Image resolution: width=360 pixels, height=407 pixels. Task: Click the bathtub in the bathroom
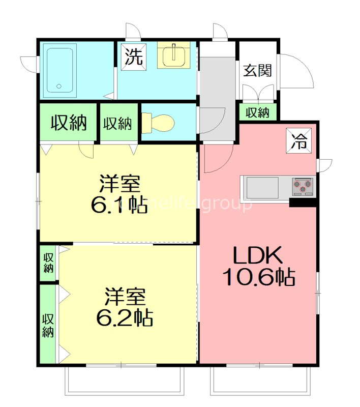click(61, 70)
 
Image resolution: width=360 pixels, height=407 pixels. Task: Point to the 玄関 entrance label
click(257, 71)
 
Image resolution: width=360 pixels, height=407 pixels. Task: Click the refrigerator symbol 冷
click(300, 140)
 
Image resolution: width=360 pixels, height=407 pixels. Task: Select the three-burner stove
click(303, 187)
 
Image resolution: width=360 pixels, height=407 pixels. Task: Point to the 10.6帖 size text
click(258, 277)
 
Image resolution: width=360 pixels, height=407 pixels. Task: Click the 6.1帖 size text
click(119, 205)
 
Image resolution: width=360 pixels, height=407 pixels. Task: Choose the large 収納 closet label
click(68, 123)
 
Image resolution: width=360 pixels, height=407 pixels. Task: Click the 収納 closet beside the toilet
click(118, 123)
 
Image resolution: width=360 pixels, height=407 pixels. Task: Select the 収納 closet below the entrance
click(257, 112)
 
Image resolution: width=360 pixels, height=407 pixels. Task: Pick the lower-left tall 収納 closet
click(48, 325)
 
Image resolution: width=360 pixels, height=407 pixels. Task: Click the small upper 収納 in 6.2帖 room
click(48, 263)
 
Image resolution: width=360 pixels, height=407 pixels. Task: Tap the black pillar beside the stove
click(303, 202)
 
